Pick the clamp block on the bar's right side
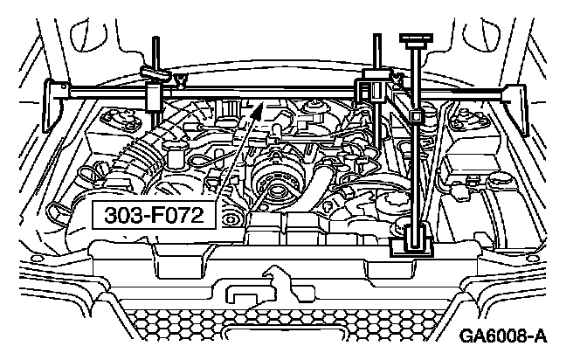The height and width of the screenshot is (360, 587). coord(372,89)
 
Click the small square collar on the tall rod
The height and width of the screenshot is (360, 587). coord(417,115)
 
